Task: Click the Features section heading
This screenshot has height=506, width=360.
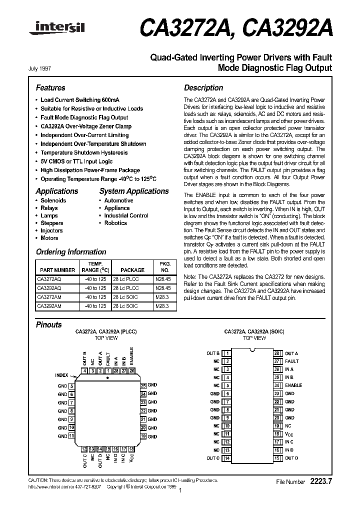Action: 50,87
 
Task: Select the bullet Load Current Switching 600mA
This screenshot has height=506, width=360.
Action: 80,100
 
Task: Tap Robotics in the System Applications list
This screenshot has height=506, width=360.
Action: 115,223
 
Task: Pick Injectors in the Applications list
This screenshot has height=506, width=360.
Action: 51,230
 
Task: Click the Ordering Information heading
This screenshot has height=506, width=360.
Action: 71,252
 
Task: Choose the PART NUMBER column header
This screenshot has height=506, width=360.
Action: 57,270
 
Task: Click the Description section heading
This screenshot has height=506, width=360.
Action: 203,87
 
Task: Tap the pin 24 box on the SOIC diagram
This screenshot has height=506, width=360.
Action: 276,385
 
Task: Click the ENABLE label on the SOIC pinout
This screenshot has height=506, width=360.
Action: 293,385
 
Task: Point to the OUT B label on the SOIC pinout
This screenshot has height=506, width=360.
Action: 213,353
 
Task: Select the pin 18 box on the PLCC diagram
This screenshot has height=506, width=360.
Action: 131,449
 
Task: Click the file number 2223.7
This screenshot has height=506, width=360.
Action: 321,481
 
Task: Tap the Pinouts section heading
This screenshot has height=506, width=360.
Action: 48,324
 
